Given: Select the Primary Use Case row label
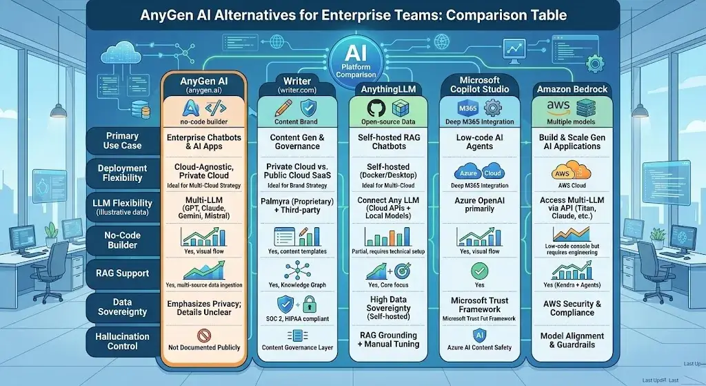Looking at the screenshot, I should [x=122, y=141].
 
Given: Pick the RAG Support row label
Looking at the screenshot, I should [x=122, y=273].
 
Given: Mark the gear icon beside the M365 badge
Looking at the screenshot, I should [x=494, y=108].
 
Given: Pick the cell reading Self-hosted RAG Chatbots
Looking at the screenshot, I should [x=391, y=141].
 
